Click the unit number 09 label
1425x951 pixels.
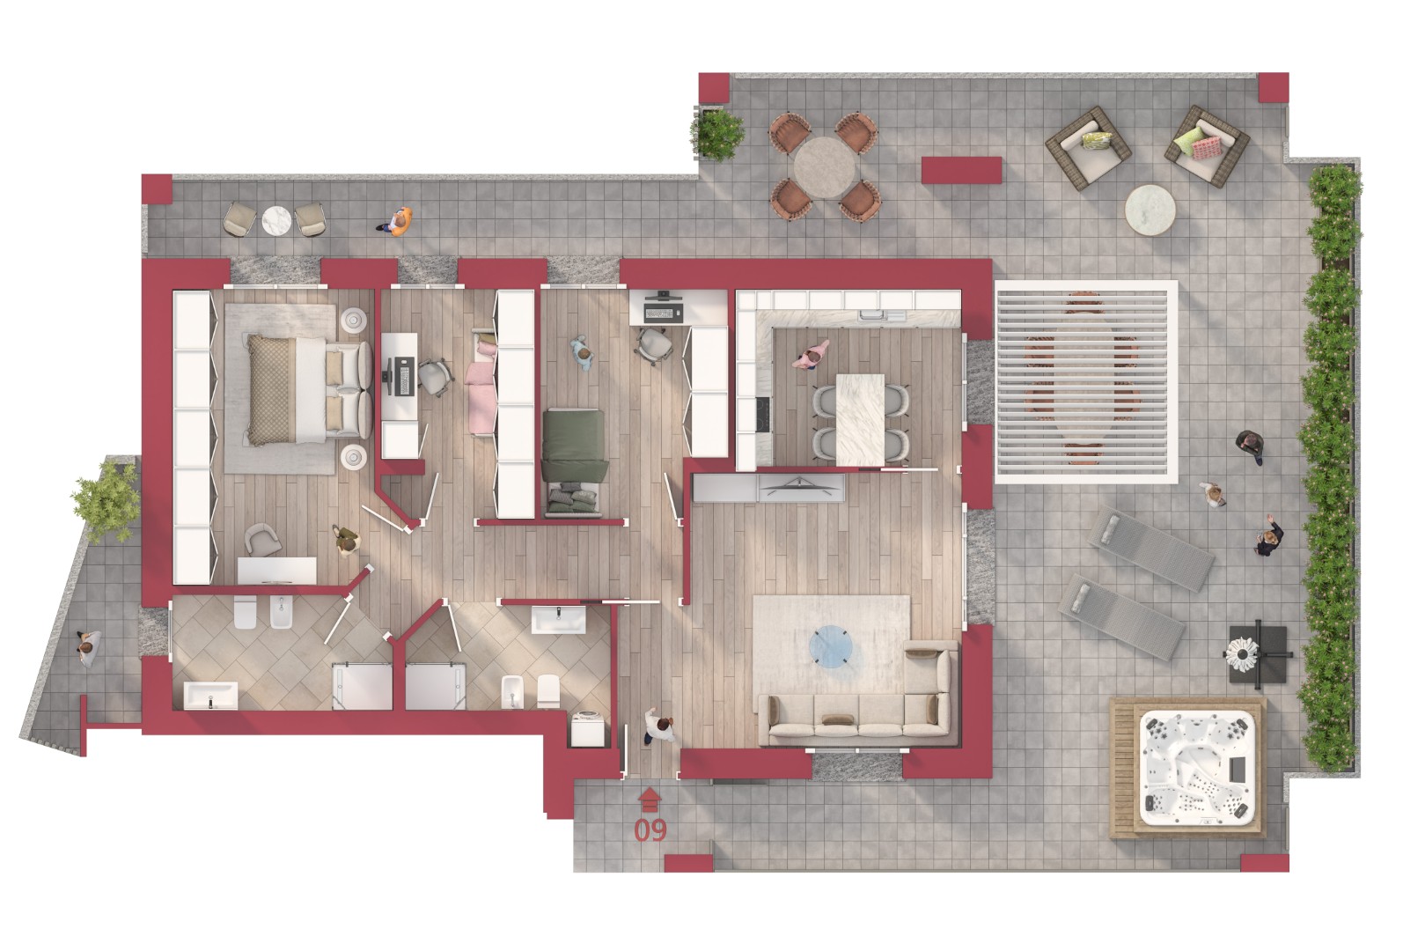click(x=650, y=829)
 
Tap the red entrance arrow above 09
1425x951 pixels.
click(x=650, y=800)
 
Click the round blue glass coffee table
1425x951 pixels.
click(x=831, y=646)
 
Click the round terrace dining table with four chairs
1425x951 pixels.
click(x=825, y=166)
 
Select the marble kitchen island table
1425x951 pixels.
click(x=860, y=419)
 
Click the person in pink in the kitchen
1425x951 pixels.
click(x=811, y=354)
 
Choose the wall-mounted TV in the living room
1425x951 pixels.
click(x=801, y=488)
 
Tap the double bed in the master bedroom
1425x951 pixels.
click(x=309, y=389)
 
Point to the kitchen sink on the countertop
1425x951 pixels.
click(x=881, y=315)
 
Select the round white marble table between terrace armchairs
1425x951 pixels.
click(x=1150, y=210)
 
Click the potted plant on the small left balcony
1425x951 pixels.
click(x=107, y=501)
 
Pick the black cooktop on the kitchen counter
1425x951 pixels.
click(x=763, y=412)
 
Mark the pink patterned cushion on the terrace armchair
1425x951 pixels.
click(x=1206, y=148)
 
